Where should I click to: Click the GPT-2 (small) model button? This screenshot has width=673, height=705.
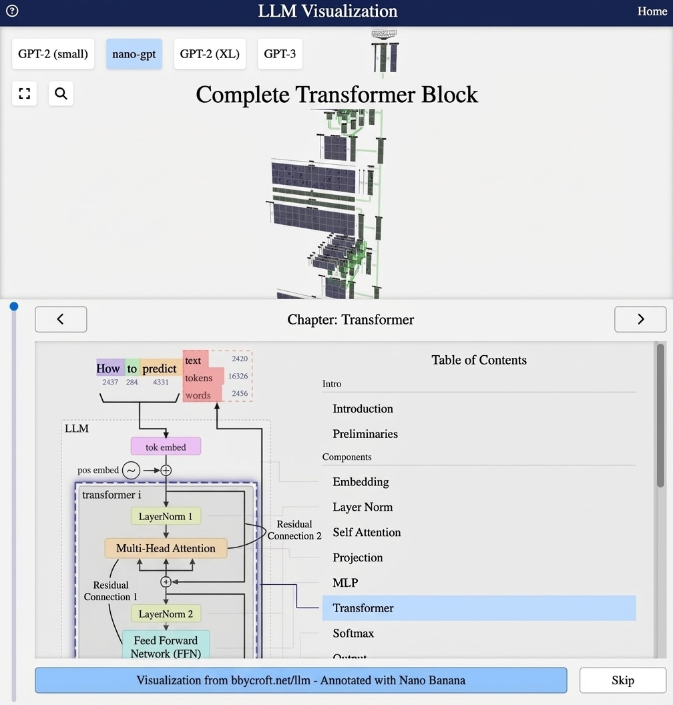click(53, 54)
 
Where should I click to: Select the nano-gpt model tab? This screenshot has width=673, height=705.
click(134, 54)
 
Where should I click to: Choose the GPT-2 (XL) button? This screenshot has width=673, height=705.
click(210, 54)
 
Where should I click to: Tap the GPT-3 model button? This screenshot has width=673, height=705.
click(280, 54)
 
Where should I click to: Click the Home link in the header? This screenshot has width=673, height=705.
click(652, 11)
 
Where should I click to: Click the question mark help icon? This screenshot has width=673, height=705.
click(11, 11)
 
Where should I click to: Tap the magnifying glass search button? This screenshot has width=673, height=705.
click(61, 93)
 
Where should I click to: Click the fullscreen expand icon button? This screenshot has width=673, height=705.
click(25, 93)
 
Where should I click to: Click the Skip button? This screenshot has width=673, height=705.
click(622, 680)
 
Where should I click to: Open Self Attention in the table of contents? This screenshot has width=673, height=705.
click(367, 532)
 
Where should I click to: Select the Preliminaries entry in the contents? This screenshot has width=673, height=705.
click(365, 434)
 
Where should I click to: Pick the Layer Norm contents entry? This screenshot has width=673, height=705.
click(363, 507)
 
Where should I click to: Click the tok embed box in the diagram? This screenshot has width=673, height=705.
click(166, 447)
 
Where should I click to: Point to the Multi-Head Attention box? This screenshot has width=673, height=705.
click(166, 548)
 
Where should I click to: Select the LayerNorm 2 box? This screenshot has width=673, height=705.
click(166, 614)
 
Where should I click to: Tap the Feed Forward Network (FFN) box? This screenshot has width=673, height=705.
click(166, 647)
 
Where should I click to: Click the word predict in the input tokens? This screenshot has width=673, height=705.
click(160, 369)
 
